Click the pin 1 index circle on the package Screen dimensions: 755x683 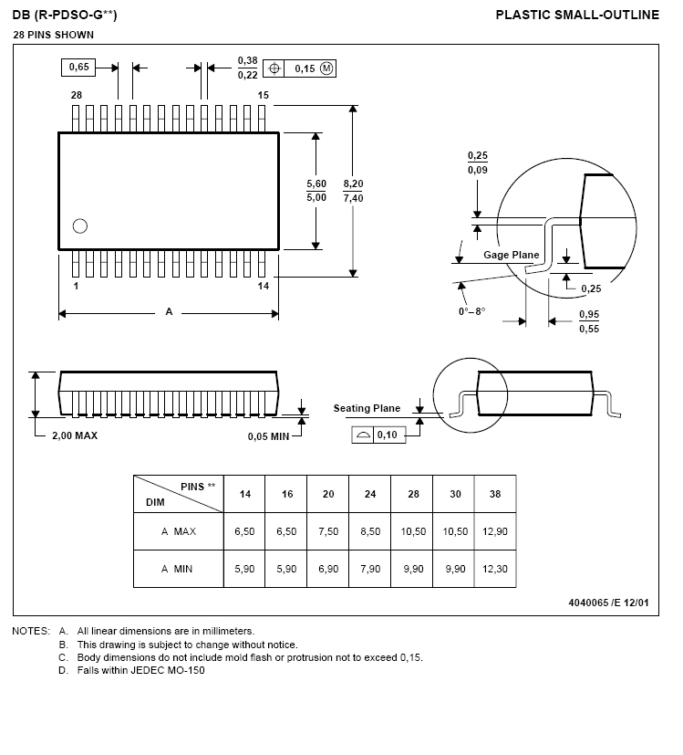coord(79,226)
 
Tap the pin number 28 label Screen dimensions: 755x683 coord(77,95)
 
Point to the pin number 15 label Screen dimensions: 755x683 coord(263,95)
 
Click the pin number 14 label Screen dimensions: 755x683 coord(264,286)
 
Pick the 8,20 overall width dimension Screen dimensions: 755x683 coord(353,184)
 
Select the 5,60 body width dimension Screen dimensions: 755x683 coord(316,184)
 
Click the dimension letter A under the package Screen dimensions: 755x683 coord(169,312)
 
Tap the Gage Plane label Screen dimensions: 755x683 coord(511,255)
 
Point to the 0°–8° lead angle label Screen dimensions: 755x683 coord(472,311)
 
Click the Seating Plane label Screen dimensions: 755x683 coord(367,408)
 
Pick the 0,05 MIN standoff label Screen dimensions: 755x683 coord(268,436)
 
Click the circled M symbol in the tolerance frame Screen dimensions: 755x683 coord(327,68)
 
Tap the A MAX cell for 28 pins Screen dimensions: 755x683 coord(413,530)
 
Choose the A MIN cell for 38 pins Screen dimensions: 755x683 coord(495,569)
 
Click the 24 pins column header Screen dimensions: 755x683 coord(370,494)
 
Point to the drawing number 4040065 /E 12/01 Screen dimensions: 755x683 coord(608,603)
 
